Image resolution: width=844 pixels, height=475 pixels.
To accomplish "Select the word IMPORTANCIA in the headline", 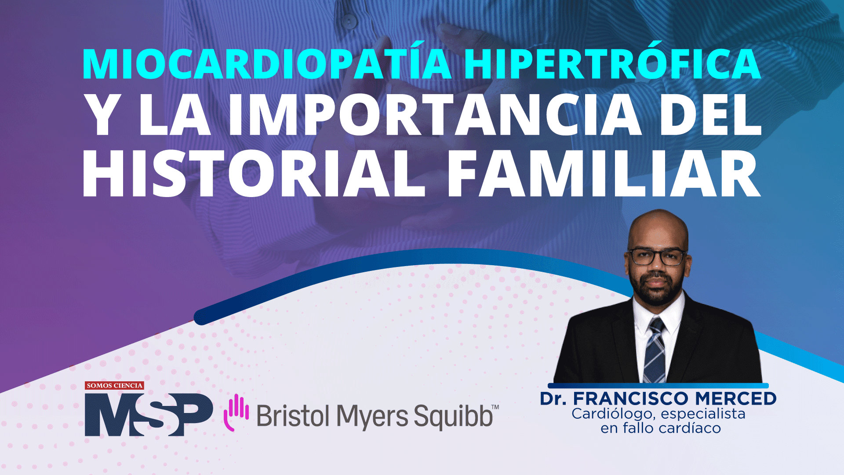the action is [x=434, y=115].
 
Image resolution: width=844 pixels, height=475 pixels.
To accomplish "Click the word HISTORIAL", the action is [x=254, y=173].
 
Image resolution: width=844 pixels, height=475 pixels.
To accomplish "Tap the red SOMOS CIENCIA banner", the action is [x=114, y=386].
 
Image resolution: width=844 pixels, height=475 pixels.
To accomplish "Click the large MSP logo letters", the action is [x=149, y=414].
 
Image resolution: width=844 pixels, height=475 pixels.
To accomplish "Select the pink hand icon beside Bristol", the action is [x=236, y=412].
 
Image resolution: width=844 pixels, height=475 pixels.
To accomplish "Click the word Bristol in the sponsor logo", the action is [x=293, y=416].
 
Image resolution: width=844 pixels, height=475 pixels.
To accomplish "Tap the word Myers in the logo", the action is [x=372, y=417].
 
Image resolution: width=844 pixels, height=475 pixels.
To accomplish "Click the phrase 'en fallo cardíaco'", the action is [x=660, y=428].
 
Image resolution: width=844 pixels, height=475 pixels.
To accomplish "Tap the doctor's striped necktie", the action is [x=655, y=350].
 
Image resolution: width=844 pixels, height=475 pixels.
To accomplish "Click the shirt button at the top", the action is [x=349, y=21].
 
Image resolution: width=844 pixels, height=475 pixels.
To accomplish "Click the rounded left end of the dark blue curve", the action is [x=201, y=318].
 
